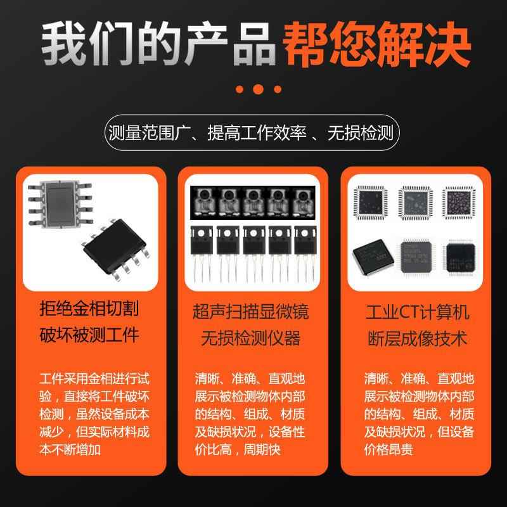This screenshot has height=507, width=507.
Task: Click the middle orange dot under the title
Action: point(259,89)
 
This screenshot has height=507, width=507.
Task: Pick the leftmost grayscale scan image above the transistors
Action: point(202,202)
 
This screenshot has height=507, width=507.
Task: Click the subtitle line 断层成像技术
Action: point(418,338)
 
